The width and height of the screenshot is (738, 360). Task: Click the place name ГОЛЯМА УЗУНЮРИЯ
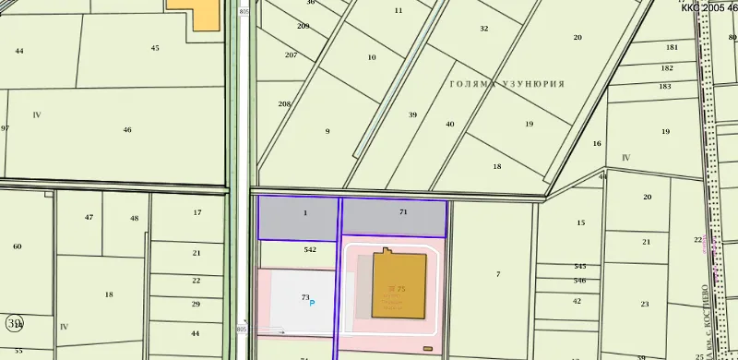click(506, 83)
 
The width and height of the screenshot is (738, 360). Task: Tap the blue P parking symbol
click(312, 303)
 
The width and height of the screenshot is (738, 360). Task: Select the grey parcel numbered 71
click(403, 212)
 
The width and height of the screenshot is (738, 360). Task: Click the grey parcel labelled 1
click(304, 213)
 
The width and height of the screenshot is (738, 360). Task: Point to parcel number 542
click(310, 249)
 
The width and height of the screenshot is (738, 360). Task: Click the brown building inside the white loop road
click(399, 285)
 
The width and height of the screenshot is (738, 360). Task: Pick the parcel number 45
click(155, 48)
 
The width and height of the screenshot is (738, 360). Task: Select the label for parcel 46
click(127, 130)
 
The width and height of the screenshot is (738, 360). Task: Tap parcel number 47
click(89, 218)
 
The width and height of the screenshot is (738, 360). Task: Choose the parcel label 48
click(134, 219)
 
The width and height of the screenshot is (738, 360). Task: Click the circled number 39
click(15, 323)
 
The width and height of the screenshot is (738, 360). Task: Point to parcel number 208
click(284, 104)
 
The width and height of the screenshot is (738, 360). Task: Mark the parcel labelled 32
click(484, 29)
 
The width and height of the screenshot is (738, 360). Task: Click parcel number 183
click(665, 87)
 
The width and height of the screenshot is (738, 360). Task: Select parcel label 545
click(579, 267)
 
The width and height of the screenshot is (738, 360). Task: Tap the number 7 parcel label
click(498, 275)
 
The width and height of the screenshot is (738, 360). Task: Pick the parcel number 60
click(17, 246)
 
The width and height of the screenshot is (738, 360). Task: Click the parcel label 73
click(305, 297)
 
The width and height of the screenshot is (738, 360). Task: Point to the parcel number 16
click(597, 144)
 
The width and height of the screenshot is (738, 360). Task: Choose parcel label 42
click(577, 301)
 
